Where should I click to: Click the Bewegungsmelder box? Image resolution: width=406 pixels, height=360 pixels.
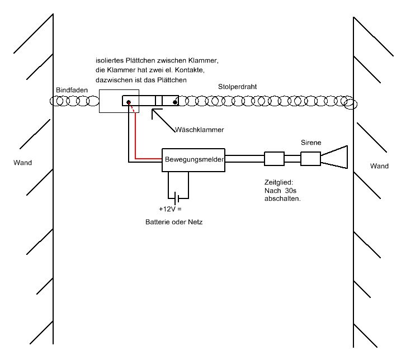pos(193,160)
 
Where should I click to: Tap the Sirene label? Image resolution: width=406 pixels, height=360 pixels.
pos(311,143)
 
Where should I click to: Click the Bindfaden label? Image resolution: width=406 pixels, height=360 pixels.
pos(70,90)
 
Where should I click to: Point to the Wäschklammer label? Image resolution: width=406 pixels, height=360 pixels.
pos(200,129)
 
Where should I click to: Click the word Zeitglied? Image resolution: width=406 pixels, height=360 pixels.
pos(278,182)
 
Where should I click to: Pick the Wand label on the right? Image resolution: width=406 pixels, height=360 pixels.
pos(379,166)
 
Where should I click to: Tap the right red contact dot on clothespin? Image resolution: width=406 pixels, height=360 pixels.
pos(175,102)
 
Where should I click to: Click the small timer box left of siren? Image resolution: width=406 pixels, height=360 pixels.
pos(274,159)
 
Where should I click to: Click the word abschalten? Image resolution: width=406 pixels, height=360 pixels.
pos(282,198)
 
